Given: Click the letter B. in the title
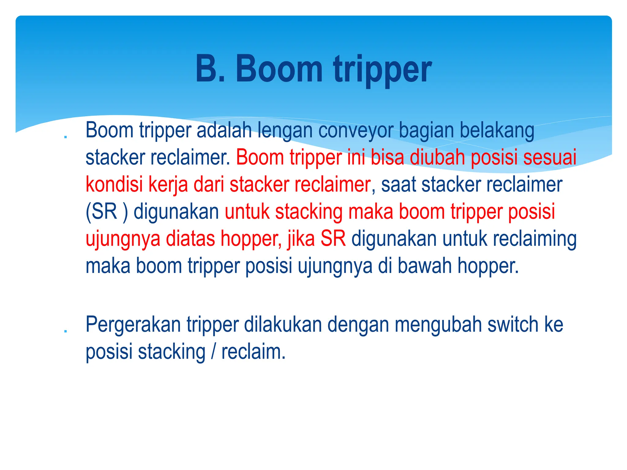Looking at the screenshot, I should pyautogui.click(x=210, y=69).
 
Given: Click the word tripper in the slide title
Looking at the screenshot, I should pyautogui.click(x=382, y=70).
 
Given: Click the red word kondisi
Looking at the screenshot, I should pyautogui.click(x=114, y=185).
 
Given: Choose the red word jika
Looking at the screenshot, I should pyautogui.click(x=301, y=239).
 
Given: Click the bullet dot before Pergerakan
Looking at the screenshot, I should pyautogui.click(x=65, y=331).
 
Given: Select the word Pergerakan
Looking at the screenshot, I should pyautogui.click(x=133, y=325).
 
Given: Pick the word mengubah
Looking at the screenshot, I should pyautogui.click(x=438, y=325).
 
